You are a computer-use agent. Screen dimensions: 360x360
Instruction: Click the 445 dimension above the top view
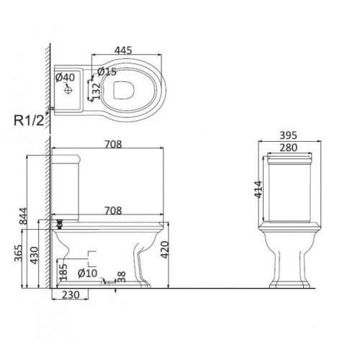point(123,50)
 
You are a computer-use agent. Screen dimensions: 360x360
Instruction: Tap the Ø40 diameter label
point(65,77)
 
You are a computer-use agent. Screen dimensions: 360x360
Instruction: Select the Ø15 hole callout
point(107,71)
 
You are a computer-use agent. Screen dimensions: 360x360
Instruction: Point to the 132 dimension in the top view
point(96,91)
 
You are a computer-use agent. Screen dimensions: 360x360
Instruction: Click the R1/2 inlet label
point(29,120)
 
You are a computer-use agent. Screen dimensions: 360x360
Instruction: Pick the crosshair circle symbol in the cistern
point(68,90)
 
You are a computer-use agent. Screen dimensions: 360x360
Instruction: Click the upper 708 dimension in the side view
point(113,144)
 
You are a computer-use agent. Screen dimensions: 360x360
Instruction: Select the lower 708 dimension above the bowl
point(113,210)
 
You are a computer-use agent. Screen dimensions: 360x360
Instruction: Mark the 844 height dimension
point(23,216)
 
